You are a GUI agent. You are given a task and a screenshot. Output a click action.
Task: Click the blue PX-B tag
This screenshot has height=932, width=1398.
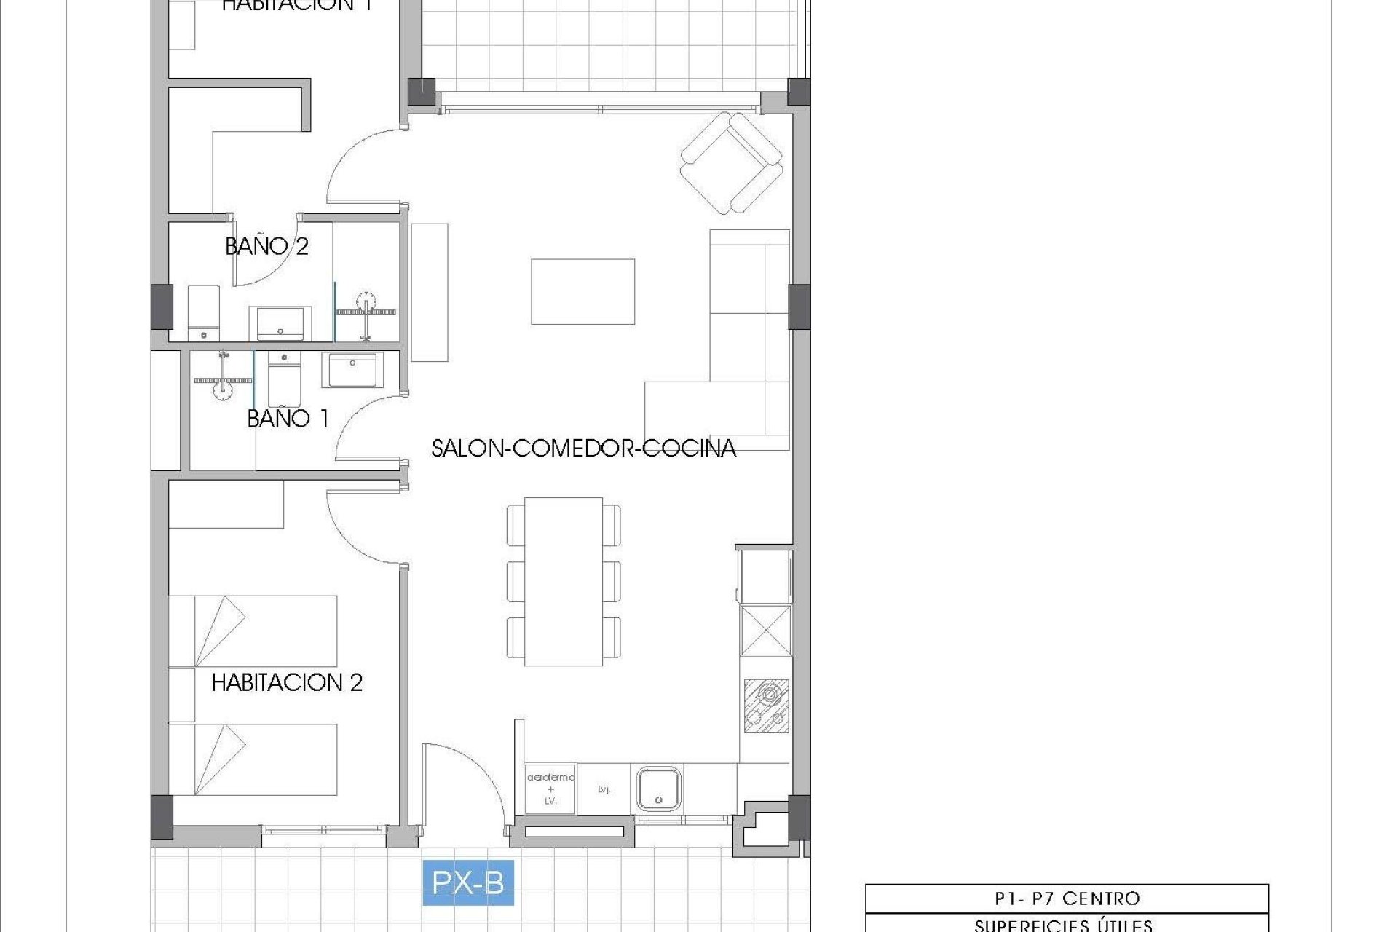point(468,882)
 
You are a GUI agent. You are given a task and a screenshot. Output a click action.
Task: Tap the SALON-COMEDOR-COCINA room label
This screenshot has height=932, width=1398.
point(583,448)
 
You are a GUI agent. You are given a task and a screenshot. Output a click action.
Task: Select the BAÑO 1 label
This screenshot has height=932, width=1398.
point(288,418)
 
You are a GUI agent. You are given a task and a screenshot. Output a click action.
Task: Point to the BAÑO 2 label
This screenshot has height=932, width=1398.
point(266,246)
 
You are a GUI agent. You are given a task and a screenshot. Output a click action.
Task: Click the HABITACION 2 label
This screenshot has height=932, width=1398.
point(287,682)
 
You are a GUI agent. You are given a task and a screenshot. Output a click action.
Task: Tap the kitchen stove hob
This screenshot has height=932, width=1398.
point(766,705)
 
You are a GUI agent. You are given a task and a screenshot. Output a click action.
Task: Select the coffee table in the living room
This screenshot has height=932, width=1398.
point(582,291)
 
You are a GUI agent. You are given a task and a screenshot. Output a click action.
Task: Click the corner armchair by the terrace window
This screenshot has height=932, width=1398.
point(731,162)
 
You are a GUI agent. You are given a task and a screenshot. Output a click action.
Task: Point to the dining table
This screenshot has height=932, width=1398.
point(564,581)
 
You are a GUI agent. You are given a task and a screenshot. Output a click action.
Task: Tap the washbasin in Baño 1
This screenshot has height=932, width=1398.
point(352,370)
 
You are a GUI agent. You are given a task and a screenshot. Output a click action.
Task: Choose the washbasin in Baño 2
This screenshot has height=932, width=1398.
point(280,323)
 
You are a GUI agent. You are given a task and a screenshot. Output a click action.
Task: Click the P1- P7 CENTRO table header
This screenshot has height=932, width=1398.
point(1066,899)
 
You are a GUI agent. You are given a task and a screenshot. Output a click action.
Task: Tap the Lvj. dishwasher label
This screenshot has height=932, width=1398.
point(604,789)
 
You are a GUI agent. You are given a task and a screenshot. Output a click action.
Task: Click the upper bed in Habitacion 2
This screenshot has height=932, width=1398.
point(253,631)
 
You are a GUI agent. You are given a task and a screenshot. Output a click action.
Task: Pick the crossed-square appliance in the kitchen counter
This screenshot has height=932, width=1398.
point(766,630)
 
